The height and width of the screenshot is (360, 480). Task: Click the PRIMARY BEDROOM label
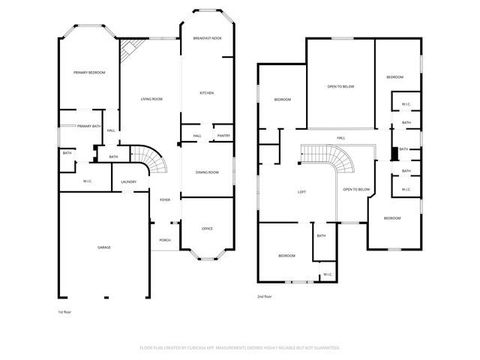tap(88, 72)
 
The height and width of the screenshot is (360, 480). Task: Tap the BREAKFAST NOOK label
tap(207, 37)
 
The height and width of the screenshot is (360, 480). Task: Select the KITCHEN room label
tap(206, 93)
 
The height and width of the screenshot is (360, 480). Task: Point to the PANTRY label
tap(223, 136)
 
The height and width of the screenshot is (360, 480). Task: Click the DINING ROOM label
tap(207, 172)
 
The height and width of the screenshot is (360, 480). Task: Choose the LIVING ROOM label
tap(151, 99)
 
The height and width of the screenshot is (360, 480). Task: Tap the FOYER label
tap(165, 199)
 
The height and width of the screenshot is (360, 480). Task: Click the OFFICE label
tap(208, 228)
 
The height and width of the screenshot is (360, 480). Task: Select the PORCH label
tap(165, 240)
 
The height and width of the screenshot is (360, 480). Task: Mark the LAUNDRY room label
tap(128, 181)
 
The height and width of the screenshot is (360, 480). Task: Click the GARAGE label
tap(104, 247)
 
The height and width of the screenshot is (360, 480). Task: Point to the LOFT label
tap(301, 192)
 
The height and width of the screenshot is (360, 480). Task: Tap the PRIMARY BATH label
tap(88, 126)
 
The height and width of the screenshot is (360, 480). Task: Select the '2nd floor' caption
tap(265, 296)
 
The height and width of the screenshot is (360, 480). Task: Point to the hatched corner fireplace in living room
tap(127, 52)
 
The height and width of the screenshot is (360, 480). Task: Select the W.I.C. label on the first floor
tap(87, 181)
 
